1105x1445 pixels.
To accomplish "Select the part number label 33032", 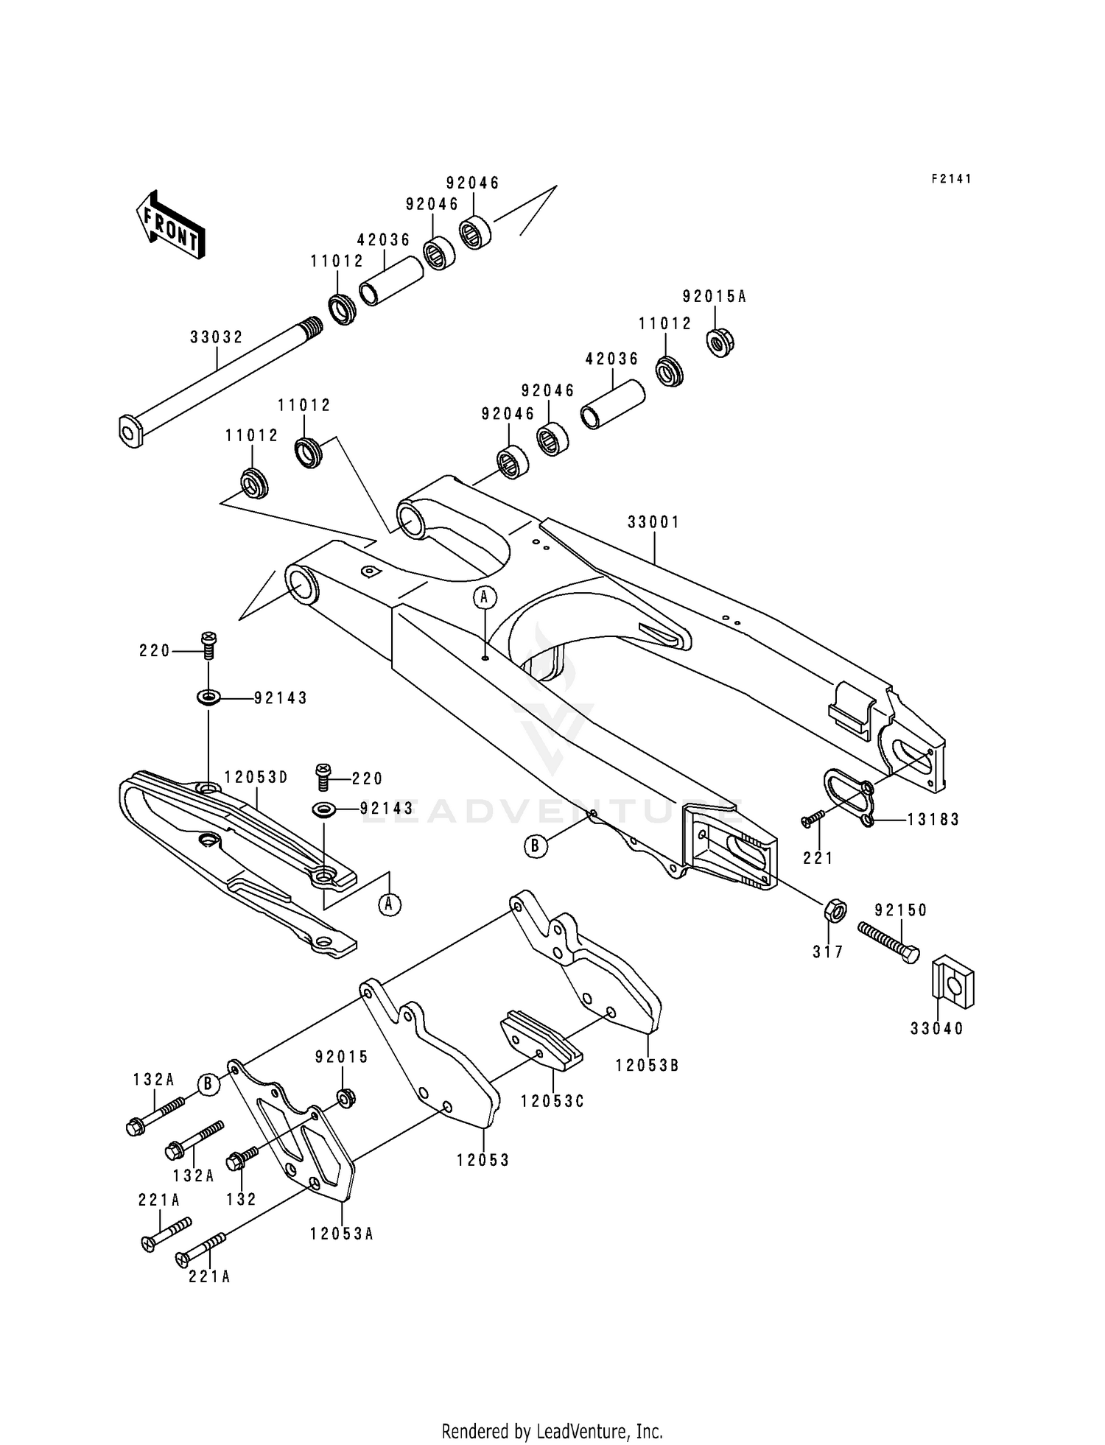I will pyautogui.click(x=216, y=337).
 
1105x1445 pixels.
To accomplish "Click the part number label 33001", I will pyautogui.click(x=653, y=522).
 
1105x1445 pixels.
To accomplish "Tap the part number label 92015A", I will pyautogui.click(x=714, y=296).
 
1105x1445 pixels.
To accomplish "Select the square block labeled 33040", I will pyautogui.click(x=955, y=982).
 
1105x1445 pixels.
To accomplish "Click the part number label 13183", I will pyautogui.click(x=933, y=819).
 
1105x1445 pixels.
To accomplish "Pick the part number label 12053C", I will pyautogui.click(x=552, y=1101).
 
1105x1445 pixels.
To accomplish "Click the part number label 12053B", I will pyautogui.click(x=648, y=1065).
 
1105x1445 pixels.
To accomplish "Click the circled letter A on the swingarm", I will pyautogui.click(x=484, y=597).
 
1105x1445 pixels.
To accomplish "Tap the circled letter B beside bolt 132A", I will pyautogui.click(x=208, y=1084).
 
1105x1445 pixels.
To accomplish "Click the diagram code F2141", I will pyautogui.click(x=950, y=179).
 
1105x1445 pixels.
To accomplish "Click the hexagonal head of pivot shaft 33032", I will pyautogui.click(x=130, y=431).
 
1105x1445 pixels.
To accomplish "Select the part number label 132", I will pyautogui.click(x=242, y=1199).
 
